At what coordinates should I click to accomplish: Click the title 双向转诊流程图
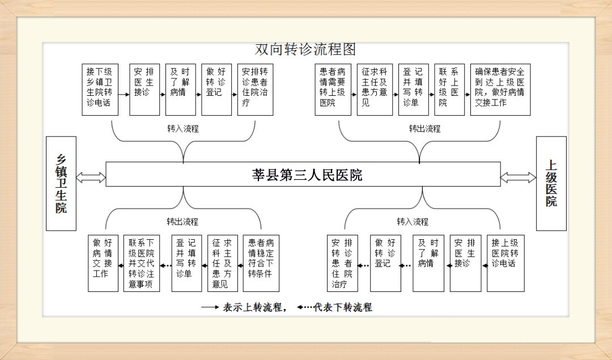click(x=305, y=50)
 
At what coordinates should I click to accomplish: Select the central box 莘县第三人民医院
click(x=303, y=174)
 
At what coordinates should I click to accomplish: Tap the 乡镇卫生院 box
click(x=61, y=183)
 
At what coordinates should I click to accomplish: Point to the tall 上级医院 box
click(x=551, y=183)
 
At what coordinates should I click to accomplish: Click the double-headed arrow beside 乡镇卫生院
click(x=91, y=177)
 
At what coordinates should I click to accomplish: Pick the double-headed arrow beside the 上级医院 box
click(x=518, y=177)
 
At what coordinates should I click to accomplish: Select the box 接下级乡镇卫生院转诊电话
click(x=100, y=90)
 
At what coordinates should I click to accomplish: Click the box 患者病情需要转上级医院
click(x=333, y=90)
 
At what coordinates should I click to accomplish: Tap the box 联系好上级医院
click(x=449, y=90)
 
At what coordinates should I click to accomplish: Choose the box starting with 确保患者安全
click(x=500, y=90)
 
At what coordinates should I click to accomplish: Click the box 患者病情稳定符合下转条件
click(x=261, y=263)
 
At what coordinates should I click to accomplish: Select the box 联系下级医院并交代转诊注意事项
click(x=141, y=263)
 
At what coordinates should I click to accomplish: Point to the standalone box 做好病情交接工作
click(x=103, y=263)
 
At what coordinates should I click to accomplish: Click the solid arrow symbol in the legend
click(x=210, y=308)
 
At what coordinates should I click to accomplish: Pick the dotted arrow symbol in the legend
click(x=305, y=308)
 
